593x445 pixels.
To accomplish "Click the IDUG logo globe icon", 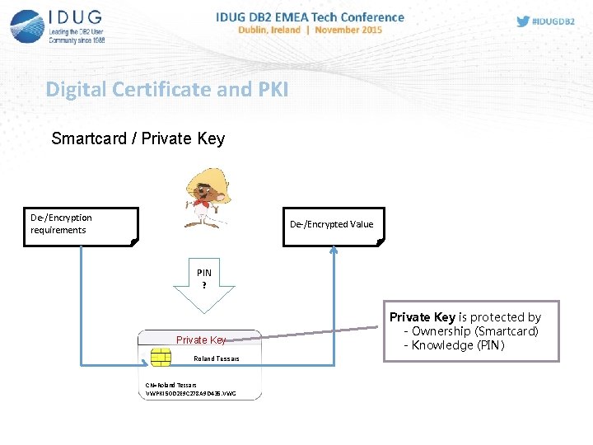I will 27,25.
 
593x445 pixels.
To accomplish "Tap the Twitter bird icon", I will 523,21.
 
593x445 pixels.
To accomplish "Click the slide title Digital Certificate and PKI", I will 167,89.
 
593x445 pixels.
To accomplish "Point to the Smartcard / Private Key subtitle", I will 138,138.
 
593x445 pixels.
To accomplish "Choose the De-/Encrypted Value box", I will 331,225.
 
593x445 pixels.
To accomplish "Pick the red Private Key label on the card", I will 201,340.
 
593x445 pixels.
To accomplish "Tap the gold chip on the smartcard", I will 160,358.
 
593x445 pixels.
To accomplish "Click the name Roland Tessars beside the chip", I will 216,358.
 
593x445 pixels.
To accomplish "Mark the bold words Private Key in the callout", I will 422,317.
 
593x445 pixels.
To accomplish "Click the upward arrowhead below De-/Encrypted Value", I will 334,252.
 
